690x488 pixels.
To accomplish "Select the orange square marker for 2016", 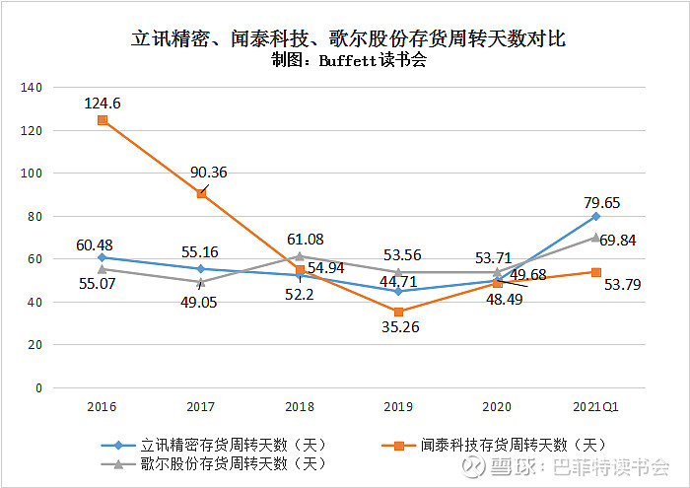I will (102, 120).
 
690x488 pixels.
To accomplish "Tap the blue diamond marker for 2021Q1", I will (596, 216).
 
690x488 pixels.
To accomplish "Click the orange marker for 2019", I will (398, 312).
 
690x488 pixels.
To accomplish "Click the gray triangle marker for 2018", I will (300, 256).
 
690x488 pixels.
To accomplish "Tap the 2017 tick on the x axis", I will (200, 405).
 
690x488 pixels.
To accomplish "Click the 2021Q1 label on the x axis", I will (596, 405).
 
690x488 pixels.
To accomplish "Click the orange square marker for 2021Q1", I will (596, 272).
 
